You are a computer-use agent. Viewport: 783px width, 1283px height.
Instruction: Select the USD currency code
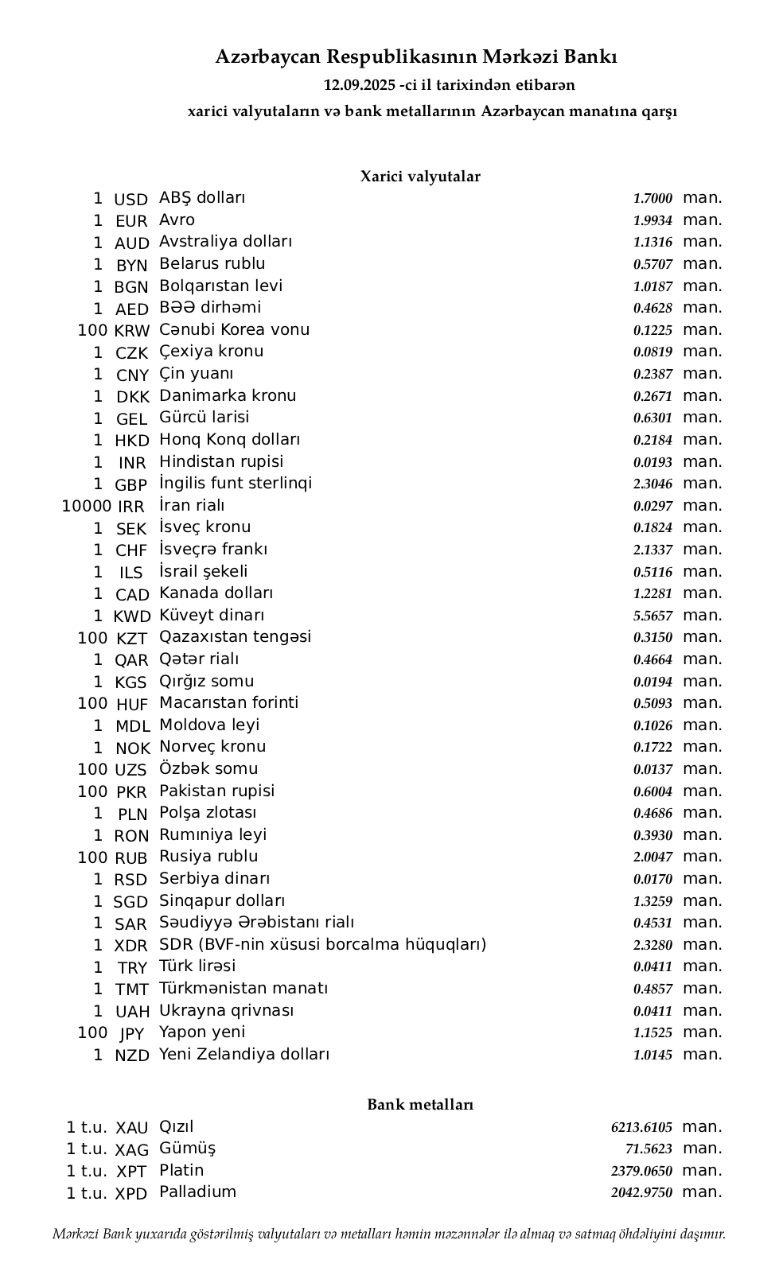131,200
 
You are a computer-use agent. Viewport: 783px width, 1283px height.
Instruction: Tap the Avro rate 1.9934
652,220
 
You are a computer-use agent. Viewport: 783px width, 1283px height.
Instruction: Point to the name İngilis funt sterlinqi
236,484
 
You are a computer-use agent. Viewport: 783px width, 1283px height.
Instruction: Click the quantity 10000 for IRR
86,506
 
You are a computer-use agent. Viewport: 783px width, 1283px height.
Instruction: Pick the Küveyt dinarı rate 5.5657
652,616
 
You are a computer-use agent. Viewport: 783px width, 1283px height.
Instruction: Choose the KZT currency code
131,639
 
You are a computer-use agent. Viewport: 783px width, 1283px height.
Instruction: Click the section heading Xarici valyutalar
420,177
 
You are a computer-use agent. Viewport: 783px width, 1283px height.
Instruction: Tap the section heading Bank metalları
420,1104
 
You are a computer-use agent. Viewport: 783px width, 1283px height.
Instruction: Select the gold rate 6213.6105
641,1127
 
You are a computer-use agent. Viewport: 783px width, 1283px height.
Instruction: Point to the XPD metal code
131,1194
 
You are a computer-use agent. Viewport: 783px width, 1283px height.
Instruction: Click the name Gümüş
187,1149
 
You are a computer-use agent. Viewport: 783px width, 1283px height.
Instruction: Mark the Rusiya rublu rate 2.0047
652,857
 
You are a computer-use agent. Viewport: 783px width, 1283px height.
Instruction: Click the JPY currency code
131,1034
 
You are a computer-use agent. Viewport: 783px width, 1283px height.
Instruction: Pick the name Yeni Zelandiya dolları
244,1055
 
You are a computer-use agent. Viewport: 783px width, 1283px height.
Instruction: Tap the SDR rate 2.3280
652,945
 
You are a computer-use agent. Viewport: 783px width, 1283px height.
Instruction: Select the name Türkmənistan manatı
243,989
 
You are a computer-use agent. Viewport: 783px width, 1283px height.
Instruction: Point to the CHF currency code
131,550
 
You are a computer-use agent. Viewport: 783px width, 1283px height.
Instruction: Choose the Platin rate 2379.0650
641,1171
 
